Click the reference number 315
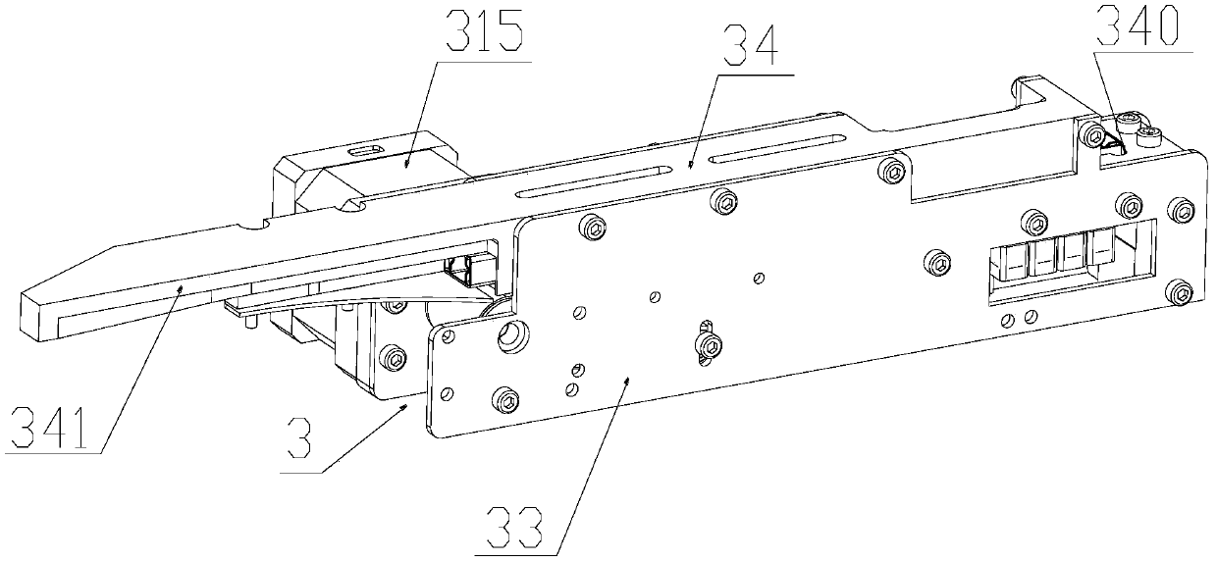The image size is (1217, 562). [x=484, y=31]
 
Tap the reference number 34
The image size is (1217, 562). [x=750, y=47]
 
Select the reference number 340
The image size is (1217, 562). [x=1137, y=26]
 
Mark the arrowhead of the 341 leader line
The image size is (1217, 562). [x=181, y=288]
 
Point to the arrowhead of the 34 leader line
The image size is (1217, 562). [x=691, y=164]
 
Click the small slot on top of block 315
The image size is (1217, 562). [x=367, y=149]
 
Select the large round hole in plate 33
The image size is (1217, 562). [x=512, y=336]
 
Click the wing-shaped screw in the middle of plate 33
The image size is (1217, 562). [x=707, y=344]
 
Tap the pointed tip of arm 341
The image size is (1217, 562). [x=22, y=294]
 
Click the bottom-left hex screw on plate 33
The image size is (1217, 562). [x=505, y=401]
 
